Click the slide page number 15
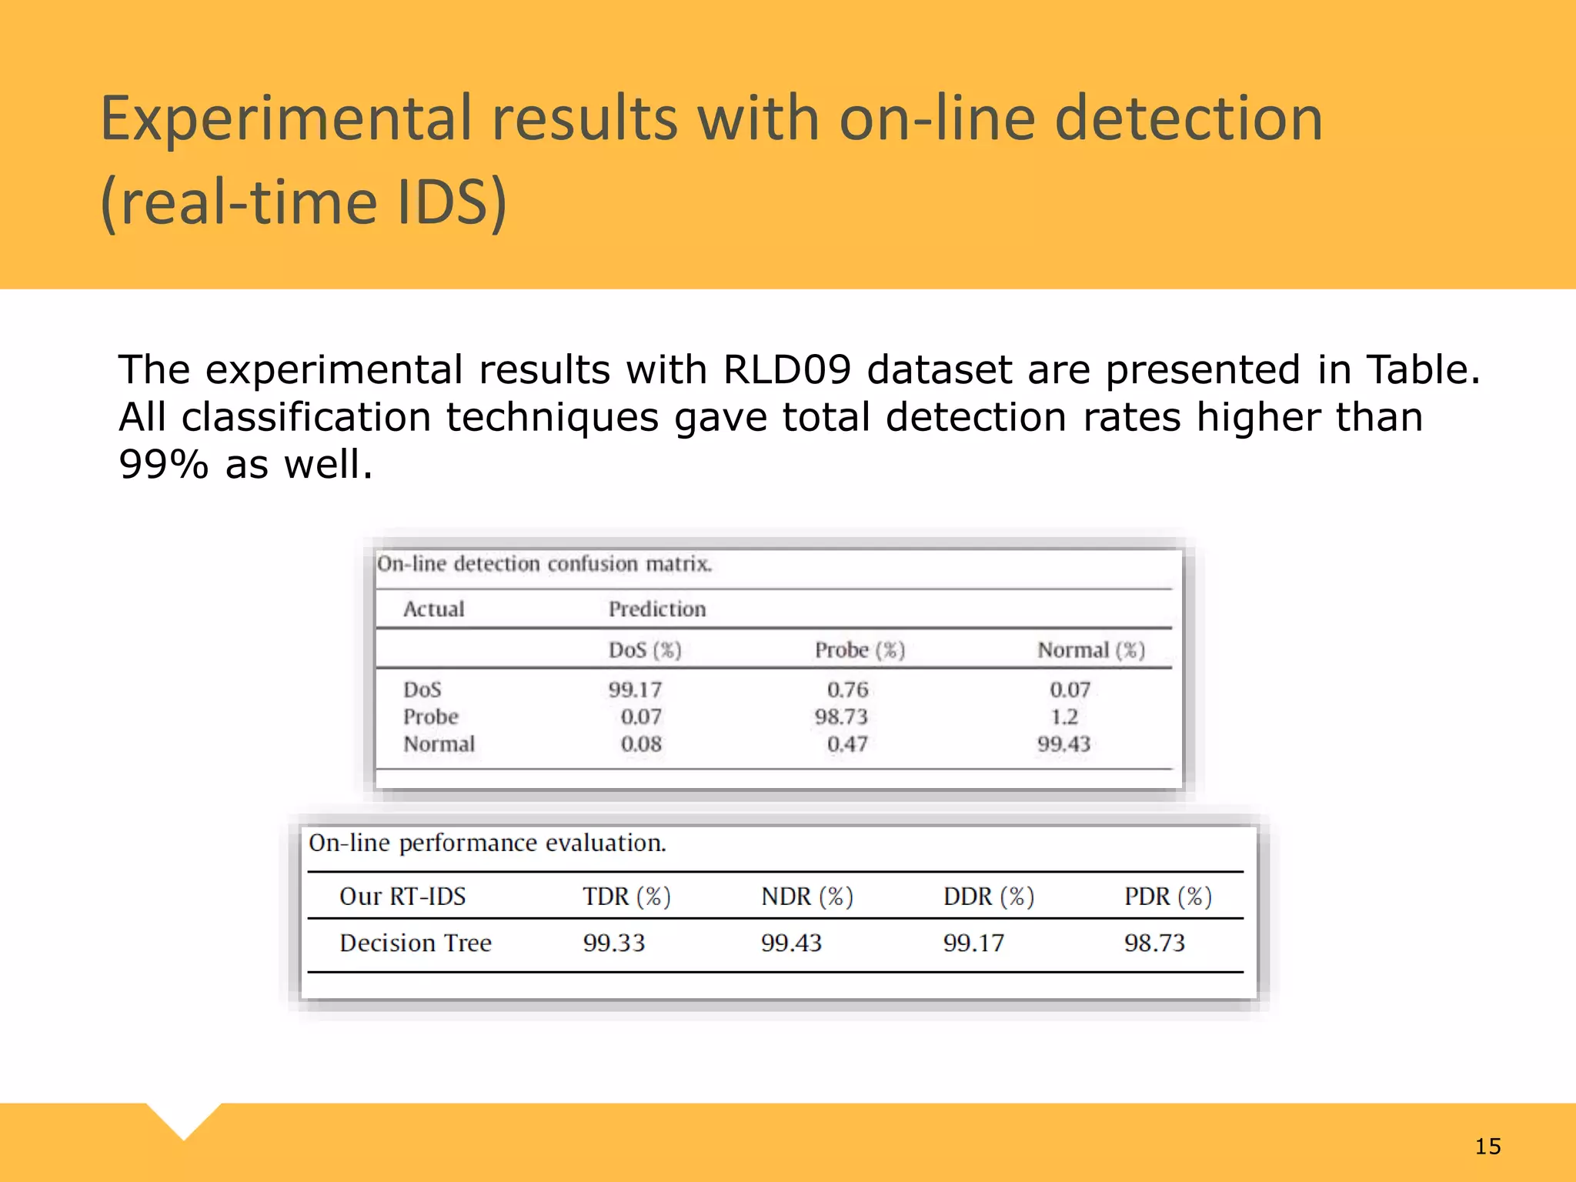(x=1488, y=1147)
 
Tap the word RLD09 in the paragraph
(x=786, y=370)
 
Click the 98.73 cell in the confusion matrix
(x=840, y=717)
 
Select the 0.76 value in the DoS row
(x=847, y=689)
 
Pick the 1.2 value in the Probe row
(x=1064, y=717)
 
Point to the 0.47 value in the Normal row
(x=847, y=744)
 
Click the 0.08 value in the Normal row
(x=641, y=744)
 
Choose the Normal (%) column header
(x=1091, y=650)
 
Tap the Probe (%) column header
(x=860, y=650)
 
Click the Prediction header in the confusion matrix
(x=657, y=609)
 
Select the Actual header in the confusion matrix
(x=434, y=609)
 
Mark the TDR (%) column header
(x=626, y=897)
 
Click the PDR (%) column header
(x=1168, y=897)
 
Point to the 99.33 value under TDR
(x=614, y=943)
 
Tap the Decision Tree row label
(x=416, y=943)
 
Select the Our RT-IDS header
(x=402, y=897)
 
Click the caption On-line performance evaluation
(x=487, y=843)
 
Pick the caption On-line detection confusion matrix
(x=544, y=564)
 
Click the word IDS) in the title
(x=452, y=202)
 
